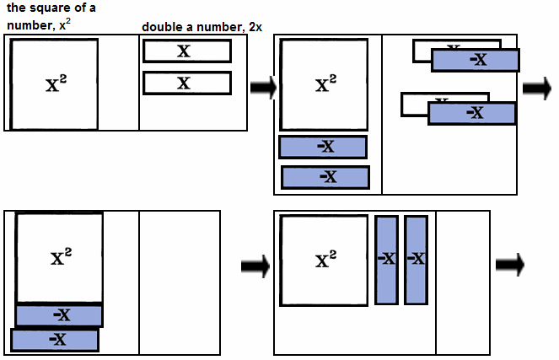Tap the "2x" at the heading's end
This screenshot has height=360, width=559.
click(x=254, y=27)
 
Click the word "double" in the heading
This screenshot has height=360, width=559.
click(x=162, y=27)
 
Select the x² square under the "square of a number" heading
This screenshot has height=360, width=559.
click(x=55, y=83)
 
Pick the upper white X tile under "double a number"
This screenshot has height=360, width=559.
click(x=187, y=51)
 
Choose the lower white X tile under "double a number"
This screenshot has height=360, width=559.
click(x=187, y=83)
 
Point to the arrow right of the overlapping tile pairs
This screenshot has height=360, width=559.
click(x=535, y=89)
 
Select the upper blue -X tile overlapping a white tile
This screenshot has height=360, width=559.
click(x=476, y=60)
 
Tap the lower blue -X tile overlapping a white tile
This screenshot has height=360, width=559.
click(x=472, y=113)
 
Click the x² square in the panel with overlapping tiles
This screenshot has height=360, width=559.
click(x=325, y=84)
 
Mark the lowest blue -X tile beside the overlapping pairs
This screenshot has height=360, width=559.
click(x=325, y=177)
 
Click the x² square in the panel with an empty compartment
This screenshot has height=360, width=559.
click(x=59, y=257)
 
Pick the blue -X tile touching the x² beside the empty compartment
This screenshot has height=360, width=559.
click(x=59, y=315)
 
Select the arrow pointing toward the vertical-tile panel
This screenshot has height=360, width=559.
click(x=254, y=266)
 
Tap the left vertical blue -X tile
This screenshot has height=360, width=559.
click(x=386, y=260)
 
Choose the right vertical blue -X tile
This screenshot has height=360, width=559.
click(x=417, y=260)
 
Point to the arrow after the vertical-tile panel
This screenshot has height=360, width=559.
click(x=509, y=265)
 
